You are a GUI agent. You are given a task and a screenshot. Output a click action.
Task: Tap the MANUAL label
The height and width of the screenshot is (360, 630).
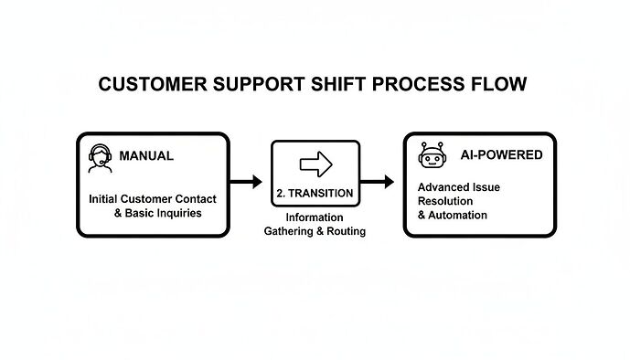coord(146,156)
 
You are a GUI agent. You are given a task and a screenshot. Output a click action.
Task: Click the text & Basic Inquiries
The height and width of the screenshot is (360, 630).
coord(156,213)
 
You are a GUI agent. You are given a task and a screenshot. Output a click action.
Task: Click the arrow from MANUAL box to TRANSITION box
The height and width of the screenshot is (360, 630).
coord(246,182)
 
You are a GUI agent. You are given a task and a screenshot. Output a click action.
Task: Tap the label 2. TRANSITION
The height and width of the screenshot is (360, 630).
coord(315,194)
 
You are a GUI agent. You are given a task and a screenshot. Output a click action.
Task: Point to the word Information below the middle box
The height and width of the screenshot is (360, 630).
coord(315,217)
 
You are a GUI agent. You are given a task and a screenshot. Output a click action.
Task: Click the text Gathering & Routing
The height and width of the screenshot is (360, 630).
coord(315,231)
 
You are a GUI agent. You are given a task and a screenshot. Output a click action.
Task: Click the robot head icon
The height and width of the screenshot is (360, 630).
coord(431,156)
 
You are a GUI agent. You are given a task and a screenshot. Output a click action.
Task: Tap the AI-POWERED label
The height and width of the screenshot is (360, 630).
coord(500,155)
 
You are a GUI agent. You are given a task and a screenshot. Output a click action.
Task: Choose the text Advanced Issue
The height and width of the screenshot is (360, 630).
coord(458,187)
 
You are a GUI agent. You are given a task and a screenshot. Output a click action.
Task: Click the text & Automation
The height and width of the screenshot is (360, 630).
coord(452,216)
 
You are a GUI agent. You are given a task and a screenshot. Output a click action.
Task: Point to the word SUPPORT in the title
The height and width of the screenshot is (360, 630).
coord(254,85)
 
